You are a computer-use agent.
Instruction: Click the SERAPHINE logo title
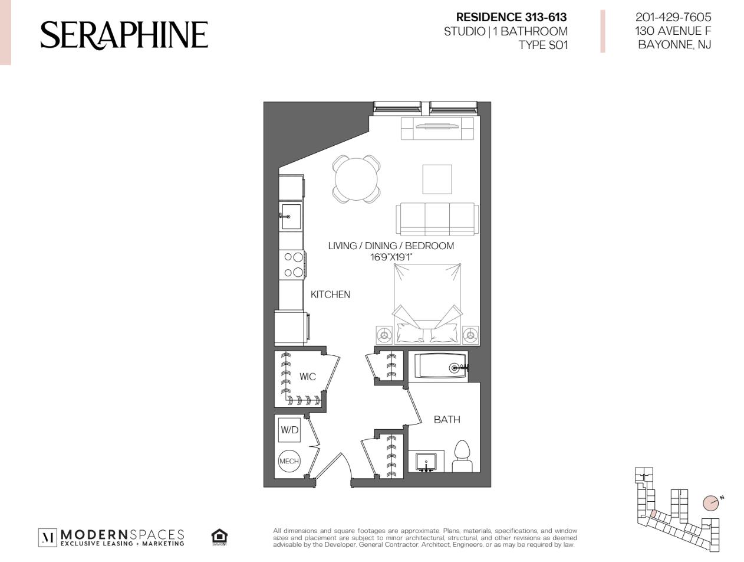pyautogui.click(x=124, y=35)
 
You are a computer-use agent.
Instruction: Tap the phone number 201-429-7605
pyautogui.click(x=673, y=17)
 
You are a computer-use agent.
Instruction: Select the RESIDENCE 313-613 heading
pyautogui.click(x=512, y=17)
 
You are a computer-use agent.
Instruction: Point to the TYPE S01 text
pyautogui.click(x=543, y=45)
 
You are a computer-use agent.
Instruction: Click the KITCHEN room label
pyautogui.click(x=330, y=294)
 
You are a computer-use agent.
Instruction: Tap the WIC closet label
pyautogui.click(x=307, y=377)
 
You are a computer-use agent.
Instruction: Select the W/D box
pyautogui.click(x=289, y=430)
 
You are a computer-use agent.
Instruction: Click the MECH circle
pyautogui.click(x=289, y=461)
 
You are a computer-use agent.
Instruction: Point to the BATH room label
pyautogui.click(x=447, y=420)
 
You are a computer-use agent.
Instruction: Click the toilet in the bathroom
pyautogui.click(x=462, y=456)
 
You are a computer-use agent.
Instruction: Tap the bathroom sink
pyautogui.click(x=426, y=462)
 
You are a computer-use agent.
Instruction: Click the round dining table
pyautogui.click(x=356, y=179)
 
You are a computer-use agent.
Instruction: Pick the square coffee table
pyautogui.click(x=437, y=179)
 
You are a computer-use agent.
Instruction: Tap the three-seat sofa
pyautogui.click(x=437, y=219)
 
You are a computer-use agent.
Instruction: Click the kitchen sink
pyautogui.click(x=291, y=217)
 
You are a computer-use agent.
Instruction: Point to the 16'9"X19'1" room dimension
pyautogui.click(x=391, y=257)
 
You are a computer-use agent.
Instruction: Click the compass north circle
pyautogui.click(x=710, y=503)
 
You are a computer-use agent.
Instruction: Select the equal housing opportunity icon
pyautogui.click(x=219, y=537)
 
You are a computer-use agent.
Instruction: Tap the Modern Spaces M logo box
pyautogui.click(x=47, y=538)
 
